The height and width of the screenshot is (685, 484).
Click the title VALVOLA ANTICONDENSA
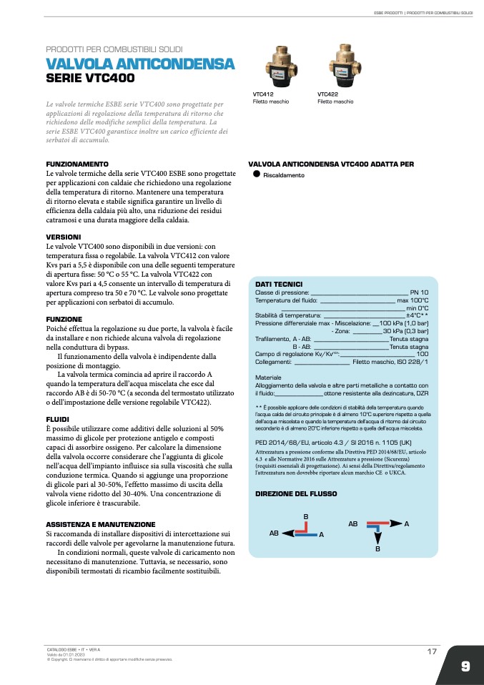[140, 65]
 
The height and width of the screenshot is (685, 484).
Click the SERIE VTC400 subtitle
[90, 79]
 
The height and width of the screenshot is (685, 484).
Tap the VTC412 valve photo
[272, 67]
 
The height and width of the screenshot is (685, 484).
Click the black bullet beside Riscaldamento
[255, 174]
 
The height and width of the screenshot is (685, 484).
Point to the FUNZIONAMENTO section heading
[77, 164]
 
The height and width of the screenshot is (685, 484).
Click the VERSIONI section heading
[64, 236]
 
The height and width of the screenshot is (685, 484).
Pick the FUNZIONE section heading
[64, 319]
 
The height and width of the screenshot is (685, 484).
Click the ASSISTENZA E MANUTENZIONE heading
[100, 524]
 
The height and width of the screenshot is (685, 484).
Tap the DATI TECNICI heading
[279, 284]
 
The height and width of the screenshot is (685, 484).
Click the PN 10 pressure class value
[419, 292]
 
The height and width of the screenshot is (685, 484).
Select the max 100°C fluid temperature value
[413, 300]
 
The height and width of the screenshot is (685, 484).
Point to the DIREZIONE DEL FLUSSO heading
[296, 493]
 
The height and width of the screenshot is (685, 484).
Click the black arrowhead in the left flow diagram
[287, 533]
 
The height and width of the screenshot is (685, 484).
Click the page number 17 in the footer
[432, 651]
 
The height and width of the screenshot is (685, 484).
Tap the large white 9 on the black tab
[465, 666]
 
